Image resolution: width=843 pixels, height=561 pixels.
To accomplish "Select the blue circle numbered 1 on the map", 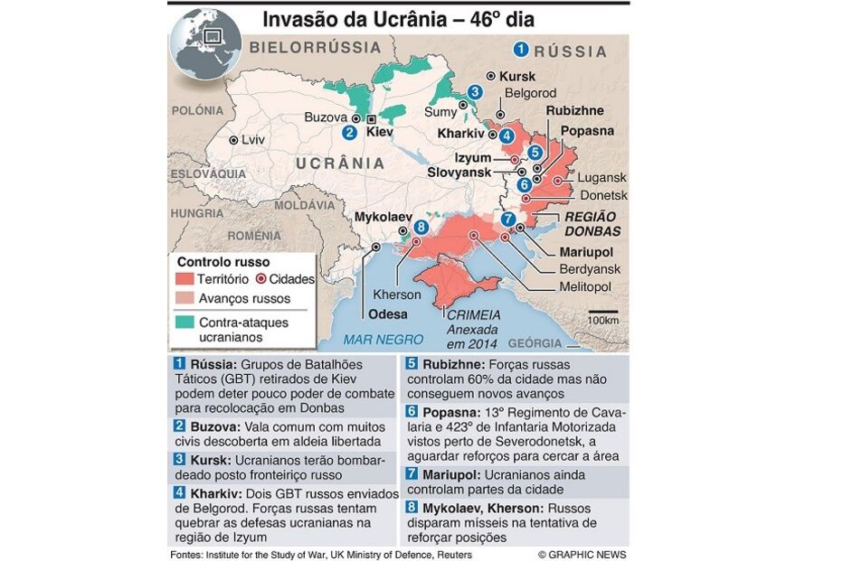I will [x=521, y=50].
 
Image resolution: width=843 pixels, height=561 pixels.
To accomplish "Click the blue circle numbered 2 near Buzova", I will [x=349, y=132].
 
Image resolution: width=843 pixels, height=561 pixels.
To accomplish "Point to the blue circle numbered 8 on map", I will [x=421, y=227].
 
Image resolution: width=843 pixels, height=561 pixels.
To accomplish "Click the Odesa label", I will [x=388, y=314].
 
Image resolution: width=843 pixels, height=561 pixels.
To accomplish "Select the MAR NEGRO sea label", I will [x=383, y=340].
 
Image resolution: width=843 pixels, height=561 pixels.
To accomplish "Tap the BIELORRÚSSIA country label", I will [x=316, y=46].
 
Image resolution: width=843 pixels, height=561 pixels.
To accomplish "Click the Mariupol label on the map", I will [x=585, y=251].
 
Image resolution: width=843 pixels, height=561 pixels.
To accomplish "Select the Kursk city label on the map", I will [x=517, y=77].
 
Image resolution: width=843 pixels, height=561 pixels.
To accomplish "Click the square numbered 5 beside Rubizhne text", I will [x=411, y=364].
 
